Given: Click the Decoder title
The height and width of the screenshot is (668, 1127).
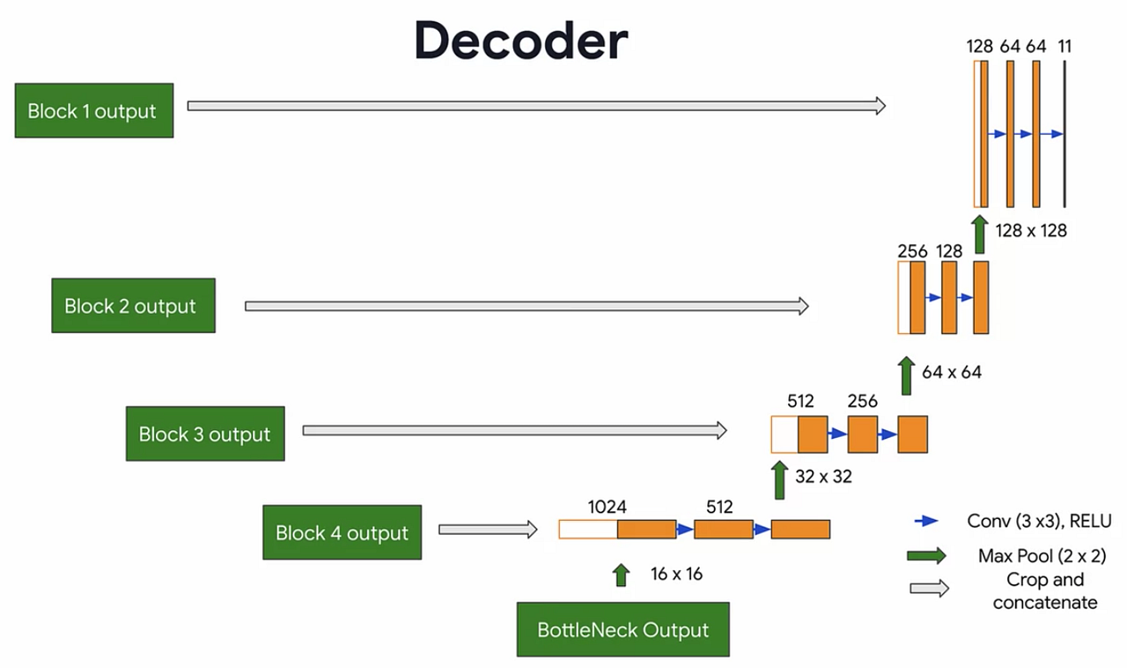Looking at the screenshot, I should coord(521,41).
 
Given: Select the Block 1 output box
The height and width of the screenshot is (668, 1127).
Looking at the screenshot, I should coord(94,111).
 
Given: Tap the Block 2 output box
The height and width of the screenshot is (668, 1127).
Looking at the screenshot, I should coord(133,306).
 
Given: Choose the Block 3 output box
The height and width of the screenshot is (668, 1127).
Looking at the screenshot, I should coord(205,434).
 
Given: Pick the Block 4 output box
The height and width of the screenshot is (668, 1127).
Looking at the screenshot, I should coord(342,532).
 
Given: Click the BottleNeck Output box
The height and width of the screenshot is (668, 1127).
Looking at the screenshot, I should coord(622,630).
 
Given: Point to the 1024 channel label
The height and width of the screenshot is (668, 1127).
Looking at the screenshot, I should coord(608,507).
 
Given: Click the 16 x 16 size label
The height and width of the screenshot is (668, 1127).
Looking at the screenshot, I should coord(676,575).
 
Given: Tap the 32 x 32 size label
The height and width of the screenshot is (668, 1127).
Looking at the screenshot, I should coord(823,476).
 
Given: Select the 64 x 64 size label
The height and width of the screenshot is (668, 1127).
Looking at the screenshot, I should coord(951,372).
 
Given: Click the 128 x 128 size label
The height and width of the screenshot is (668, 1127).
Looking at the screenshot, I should coord(1030,231).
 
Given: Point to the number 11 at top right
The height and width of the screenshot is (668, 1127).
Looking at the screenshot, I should coord(1064,47).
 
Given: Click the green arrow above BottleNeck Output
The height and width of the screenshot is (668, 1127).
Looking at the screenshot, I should coord(622,575).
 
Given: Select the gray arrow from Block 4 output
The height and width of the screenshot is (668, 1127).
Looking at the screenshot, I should coord(488,530).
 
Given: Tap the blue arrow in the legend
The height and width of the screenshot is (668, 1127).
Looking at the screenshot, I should coord(926,521).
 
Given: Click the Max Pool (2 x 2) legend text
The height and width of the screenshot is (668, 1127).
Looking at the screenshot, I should coord(1042,556).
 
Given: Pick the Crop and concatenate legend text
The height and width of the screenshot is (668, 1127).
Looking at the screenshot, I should coord(1044,591).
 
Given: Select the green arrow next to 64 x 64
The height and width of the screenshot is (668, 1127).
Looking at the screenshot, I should coord(906,375).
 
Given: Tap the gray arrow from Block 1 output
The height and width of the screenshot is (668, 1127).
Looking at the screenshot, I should coord(536,106).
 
